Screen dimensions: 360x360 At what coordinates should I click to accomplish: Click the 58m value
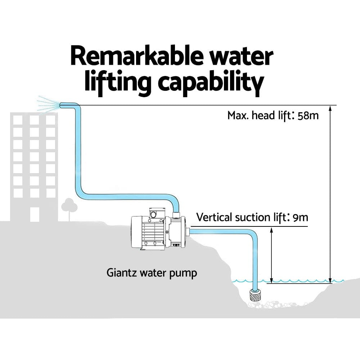click(x=308, y=116)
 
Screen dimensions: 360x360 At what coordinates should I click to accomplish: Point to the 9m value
click(x=301, y=218)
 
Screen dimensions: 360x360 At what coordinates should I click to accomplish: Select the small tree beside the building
click(x=69, y=207)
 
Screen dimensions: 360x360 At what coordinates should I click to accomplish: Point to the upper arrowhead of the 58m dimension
click(x=330, y=108)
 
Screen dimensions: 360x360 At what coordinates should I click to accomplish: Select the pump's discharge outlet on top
click(x=176, y=216)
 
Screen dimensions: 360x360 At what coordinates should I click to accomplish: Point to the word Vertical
click(x=214, y=218)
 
